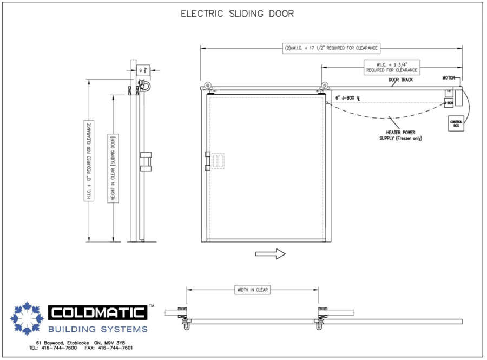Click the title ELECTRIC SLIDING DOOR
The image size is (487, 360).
click(x=238, y=14)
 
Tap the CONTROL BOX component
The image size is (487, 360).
click(x=456, y=123)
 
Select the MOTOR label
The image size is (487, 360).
click(x=449, y=78)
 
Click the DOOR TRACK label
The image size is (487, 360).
click(x=400, y=80)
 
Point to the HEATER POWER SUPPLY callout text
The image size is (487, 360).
click(x=400, y=135)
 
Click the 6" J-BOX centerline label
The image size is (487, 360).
click(x=348, y=97)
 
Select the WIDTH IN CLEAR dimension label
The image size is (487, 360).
click(x=252, y=290)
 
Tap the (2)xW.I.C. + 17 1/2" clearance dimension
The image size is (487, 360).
click(x=331, y=48)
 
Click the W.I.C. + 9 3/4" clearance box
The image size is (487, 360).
click(x=392, y=67)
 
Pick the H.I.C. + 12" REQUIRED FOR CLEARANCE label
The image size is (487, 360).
click(x=89, y=161)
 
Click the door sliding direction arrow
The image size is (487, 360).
click(x=270, y=253)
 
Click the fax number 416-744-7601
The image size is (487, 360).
click(x=115, y=348)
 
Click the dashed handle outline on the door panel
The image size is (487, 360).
click(x=219, y=161)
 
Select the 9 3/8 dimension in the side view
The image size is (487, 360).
click(x=143, y=70)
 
